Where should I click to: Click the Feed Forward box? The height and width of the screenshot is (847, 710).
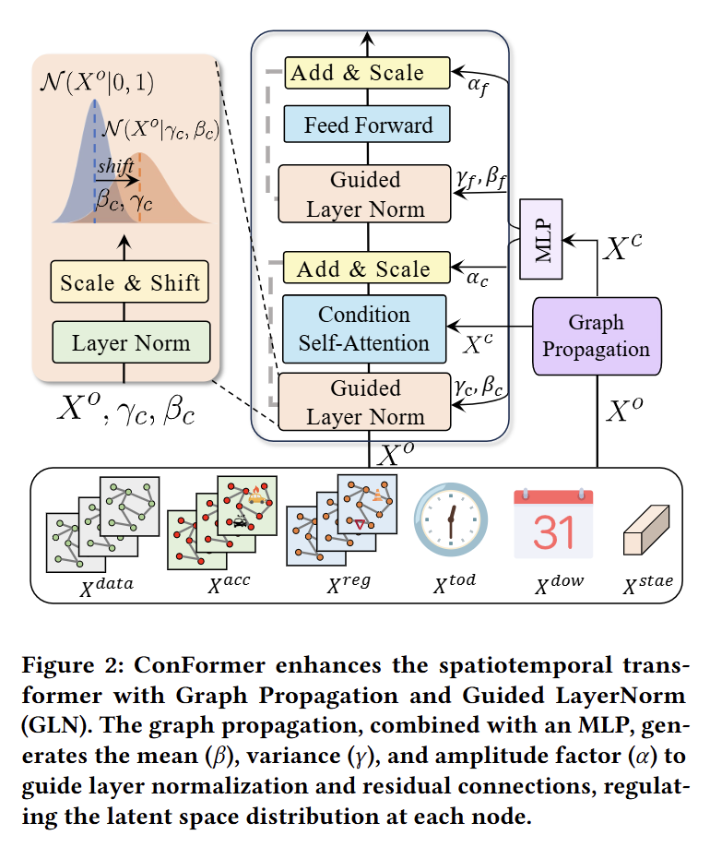click(367, 125)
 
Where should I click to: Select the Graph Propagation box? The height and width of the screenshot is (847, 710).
click(597, 336)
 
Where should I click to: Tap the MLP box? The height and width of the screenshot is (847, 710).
click(541, 239)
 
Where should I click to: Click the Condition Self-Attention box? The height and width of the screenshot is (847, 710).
click(364, 329)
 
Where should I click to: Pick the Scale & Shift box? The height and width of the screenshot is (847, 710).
click(130, 282)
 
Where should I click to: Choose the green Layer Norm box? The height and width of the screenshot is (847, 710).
click(131, 342)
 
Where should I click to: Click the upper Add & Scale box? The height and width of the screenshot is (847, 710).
click(367, 72)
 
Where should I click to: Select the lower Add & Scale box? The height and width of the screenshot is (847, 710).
click(367, 268)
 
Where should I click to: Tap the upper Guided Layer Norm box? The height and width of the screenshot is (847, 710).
click(364, 194)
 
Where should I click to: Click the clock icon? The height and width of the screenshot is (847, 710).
click(451, 519)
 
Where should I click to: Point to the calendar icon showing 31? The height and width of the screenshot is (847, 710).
click(553, 523)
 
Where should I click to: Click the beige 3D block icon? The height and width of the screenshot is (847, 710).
click(646, 531)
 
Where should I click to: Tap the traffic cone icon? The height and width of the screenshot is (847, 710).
click(378, 495)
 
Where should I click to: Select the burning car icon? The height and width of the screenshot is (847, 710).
click(256, 495)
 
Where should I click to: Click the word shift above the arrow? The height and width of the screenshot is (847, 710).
click(115, 165)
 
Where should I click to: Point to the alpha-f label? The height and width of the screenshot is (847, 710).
click(479, 86)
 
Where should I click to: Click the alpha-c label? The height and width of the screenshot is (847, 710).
click(478, 279)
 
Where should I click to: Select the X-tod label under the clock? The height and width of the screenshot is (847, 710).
click(455, 583)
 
